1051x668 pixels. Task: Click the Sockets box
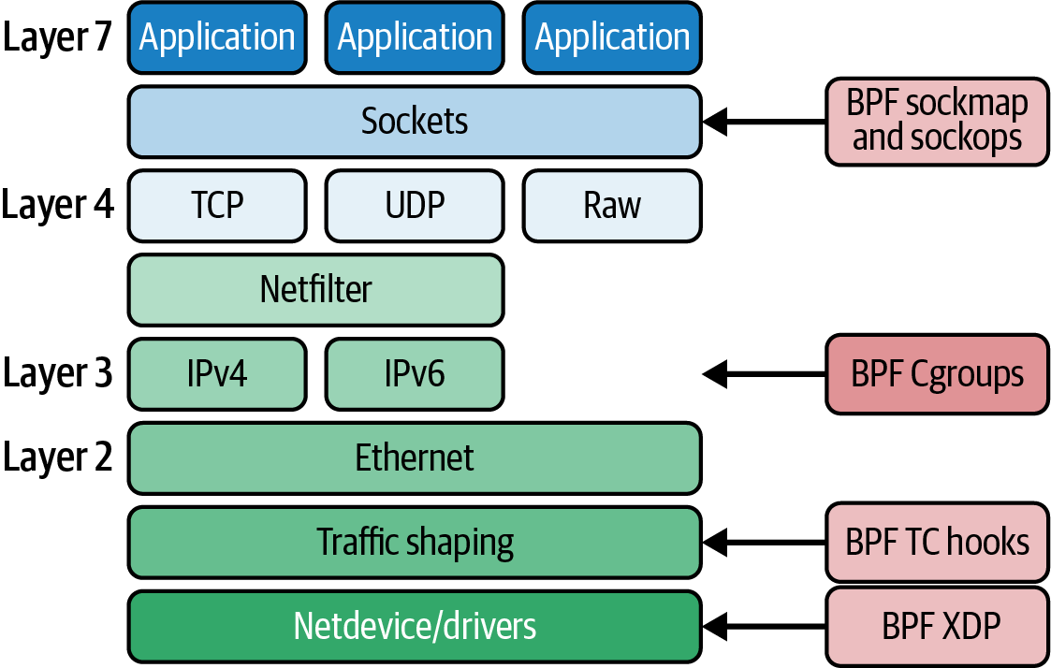(x=415, y=122)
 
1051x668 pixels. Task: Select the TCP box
(x=217, y=206)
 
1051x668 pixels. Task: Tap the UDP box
(x=415, y=206)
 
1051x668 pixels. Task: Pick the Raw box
(x=612, y=206)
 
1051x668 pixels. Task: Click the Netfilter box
(x=315, y=290)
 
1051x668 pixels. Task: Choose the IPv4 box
(x=217, y=374)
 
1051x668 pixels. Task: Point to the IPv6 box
(x=415, y=374)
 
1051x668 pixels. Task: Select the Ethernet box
(x=415, y=458)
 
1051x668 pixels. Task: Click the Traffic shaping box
(x=415, y=543)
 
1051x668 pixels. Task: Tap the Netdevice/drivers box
(x=415, y=626)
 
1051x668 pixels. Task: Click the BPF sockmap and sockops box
(x=937, y=122)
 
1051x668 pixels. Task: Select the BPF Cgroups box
(x=937, y=374)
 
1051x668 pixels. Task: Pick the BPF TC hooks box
(x=937, y=543)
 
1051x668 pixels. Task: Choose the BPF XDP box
(x=937, y=626)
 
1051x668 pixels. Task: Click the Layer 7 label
(x=57, y=37)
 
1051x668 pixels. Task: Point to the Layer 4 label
(x=57, y=206)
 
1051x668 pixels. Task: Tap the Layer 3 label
(x=57, y=374)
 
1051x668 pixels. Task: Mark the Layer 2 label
(x=57, y=458)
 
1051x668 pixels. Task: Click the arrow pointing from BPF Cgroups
(x=764, y=374)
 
